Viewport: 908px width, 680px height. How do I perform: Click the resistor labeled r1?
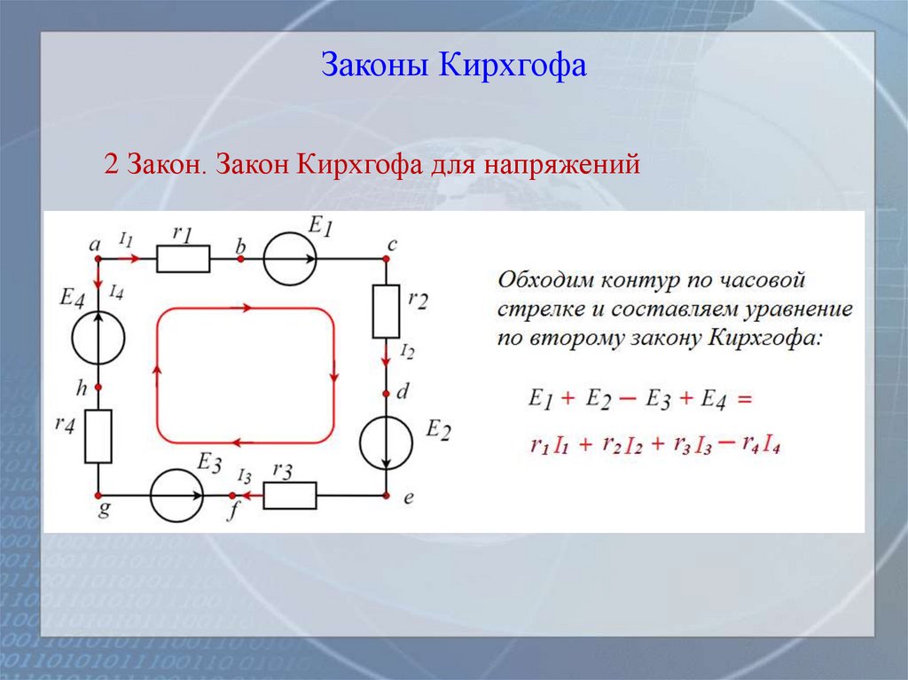point(184,259)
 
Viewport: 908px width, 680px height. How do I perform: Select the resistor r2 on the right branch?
point(386,311)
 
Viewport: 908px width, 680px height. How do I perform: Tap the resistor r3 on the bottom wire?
point(290,496)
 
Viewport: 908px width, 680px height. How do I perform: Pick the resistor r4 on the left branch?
point(98,436)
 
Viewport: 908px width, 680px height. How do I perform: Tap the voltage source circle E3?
point(176,496)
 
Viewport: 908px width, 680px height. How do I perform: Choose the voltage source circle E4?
point(98,338)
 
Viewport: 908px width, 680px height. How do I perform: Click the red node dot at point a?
point(98,259)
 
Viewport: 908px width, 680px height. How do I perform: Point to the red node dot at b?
point(240,259)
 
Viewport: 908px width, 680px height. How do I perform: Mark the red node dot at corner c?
point(387,259)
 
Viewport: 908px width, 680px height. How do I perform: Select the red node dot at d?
point(387,394)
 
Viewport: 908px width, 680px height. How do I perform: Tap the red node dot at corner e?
point(387,496)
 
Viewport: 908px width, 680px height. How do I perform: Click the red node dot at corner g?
point(98,496)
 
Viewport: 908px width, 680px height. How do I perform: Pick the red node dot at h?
point(98,387)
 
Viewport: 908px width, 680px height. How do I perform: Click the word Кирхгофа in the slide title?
point(513,66)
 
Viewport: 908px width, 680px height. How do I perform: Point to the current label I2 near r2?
point(406,353)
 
